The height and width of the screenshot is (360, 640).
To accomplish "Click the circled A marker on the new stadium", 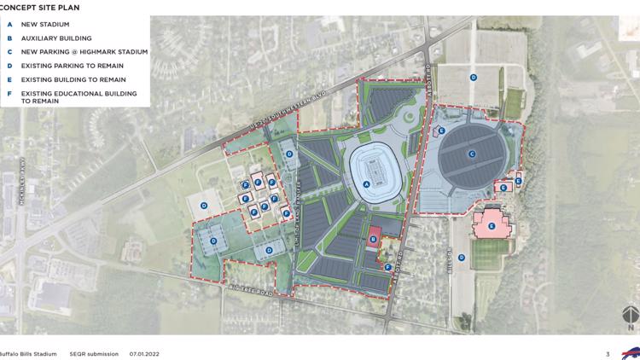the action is point(367,183).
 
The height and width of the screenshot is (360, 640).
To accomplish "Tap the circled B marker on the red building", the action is point(373,240).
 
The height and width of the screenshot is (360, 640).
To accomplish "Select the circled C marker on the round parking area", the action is point(471,154).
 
